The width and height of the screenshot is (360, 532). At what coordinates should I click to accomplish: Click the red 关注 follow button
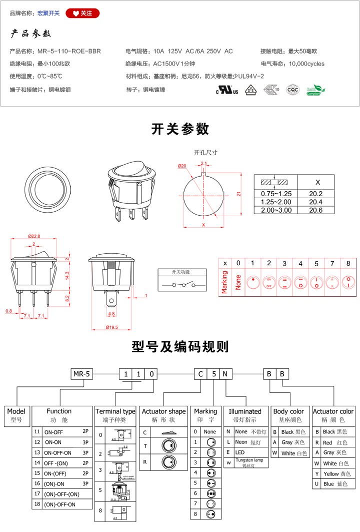pyautogui.click(x=82, y=13)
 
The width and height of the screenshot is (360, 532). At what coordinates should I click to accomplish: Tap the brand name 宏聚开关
pyautogui.click(x=48, y=13)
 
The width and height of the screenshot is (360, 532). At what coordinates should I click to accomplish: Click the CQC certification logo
pyautogui.click(x=292, y=90)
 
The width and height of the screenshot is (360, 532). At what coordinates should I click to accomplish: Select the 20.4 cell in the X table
pyautogui.click(x=316, y=202)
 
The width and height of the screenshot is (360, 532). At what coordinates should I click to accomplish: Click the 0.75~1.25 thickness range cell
pyautogui.click(x=276, y=194)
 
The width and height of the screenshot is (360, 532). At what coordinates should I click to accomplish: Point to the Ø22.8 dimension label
pyautogui.click(x=33, y=236)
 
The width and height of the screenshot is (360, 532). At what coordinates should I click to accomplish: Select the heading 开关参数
pyautogui.click(x=180, y=129)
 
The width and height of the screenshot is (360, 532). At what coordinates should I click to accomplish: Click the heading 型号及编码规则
pyautogui.click(x=180, y=346)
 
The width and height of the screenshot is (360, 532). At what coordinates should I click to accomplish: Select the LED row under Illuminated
pyautogui.click(x=245, y=452)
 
